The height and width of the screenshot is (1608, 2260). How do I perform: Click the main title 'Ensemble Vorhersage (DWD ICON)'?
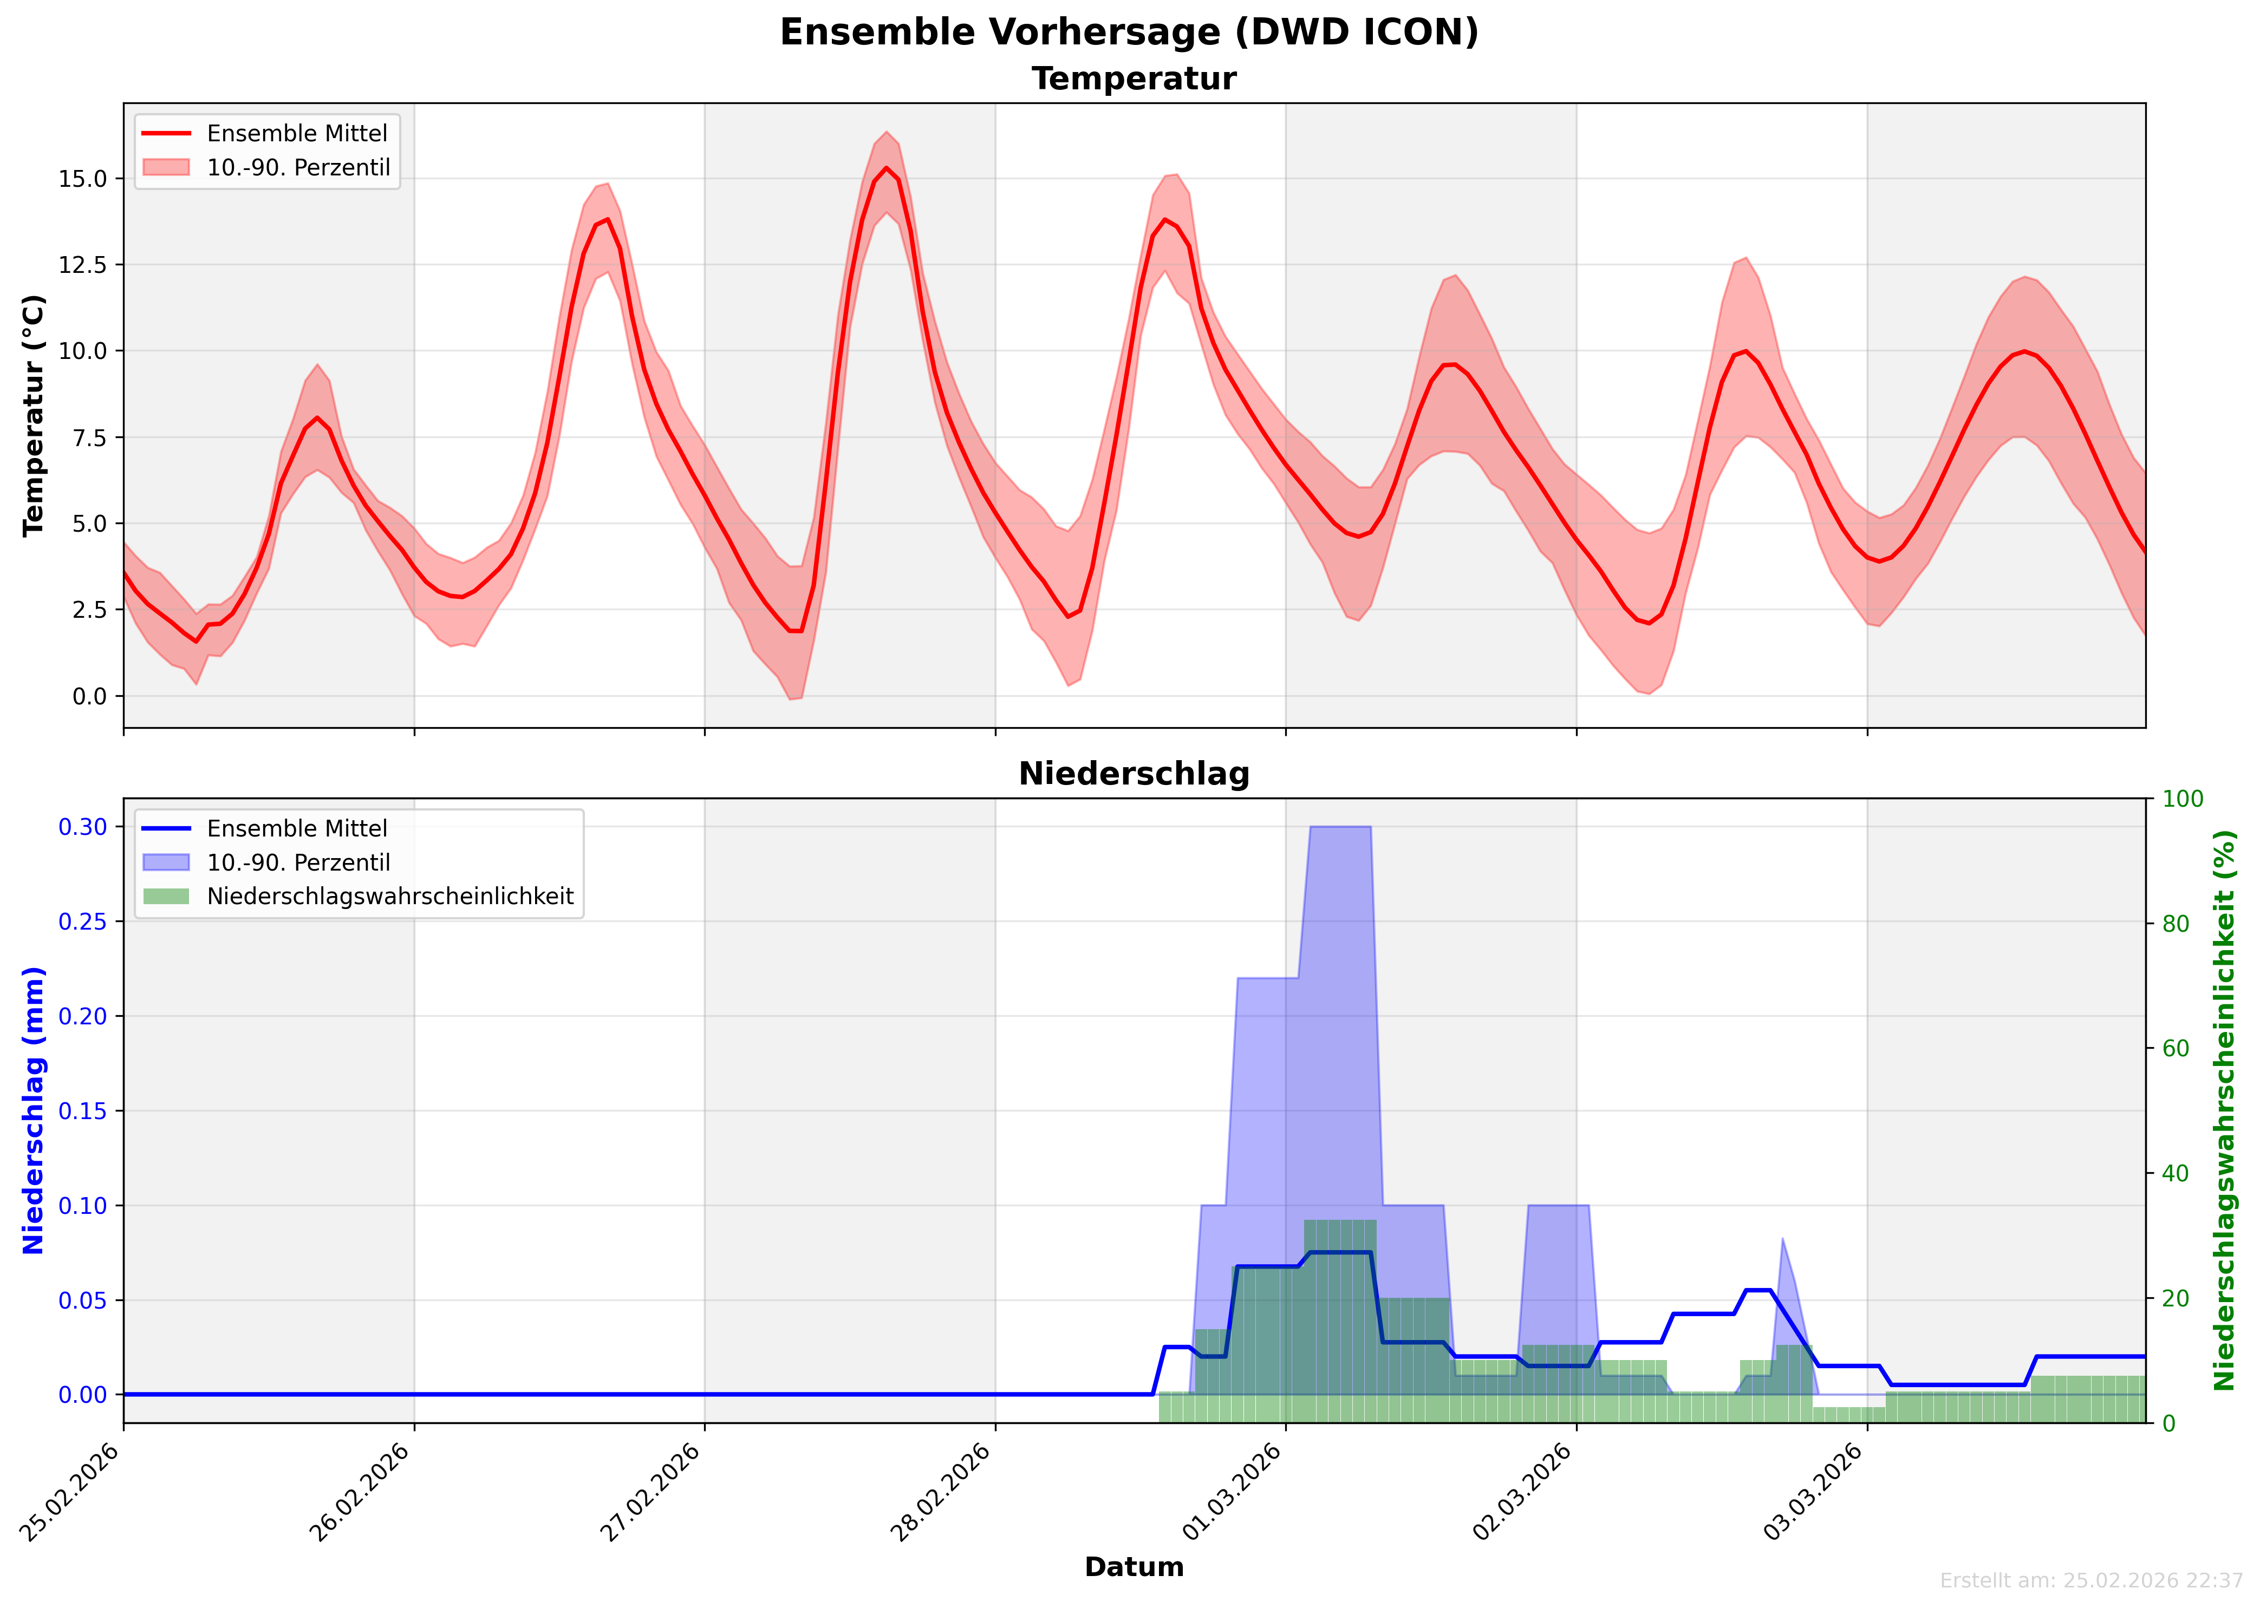point(1129,32)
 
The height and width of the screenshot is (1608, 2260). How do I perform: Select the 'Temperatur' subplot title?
point(1134,79)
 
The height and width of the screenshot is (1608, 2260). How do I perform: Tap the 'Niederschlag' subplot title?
point(1134,774)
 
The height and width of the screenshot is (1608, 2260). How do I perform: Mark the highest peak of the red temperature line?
point(887,168)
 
